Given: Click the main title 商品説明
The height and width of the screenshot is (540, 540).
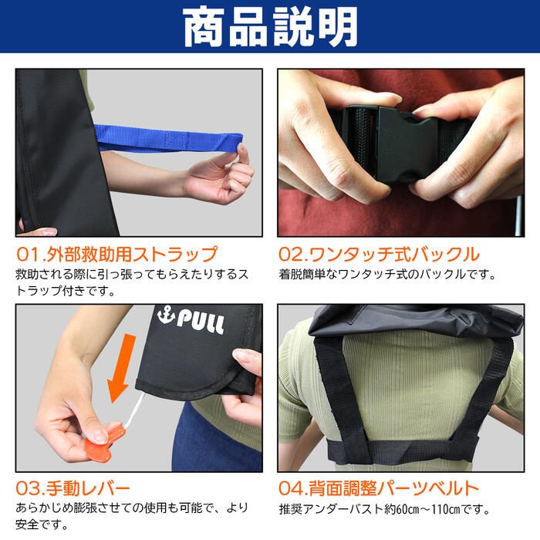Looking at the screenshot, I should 270,28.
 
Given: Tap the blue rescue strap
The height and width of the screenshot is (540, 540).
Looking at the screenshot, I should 170,140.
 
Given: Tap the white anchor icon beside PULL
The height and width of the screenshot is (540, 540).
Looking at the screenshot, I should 164,316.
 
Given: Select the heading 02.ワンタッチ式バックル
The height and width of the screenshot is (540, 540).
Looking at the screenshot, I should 379,254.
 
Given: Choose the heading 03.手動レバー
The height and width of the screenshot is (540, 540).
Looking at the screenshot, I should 73,488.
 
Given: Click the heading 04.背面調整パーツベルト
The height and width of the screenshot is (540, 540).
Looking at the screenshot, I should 379,488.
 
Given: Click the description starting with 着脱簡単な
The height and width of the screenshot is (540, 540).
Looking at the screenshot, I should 386,274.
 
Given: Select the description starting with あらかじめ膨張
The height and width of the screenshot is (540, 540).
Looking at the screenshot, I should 131,516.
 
